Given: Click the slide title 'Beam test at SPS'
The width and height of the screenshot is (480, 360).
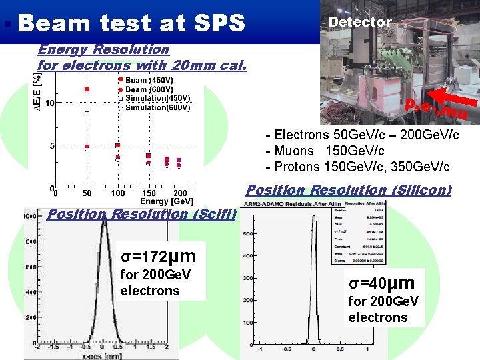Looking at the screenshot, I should [x=132, y=23].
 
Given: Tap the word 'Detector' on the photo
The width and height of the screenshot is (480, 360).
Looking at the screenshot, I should [x=360, y=22].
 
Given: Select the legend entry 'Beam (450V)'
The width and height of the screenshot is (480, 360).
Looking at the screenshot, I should [x=149, y=80].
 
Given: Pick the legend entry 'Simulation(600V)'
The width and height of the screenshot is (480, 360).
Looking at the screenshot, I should [x=157, y=107].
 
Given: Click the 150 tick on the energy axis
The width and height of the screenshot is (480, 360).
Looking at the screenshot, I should [x=149, y=193].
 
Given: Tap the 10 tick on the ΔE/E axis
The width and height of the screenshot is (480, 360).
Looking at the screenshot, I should [x=49, y=103].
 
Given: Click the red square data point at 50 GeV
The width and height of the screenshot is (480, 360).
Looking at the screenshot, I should [x=87, y=89].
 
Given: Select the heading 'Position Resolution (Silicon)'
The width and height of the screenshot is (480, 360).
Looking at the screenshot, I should [x=349, y=190].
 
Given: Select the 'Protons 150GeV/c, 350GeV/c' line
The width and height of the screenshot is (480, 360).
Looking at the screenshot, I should [x=357, y=166].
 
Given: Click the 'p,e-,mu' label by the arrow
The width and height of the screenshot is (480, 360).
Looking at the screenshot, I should [x=436, y=110].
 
